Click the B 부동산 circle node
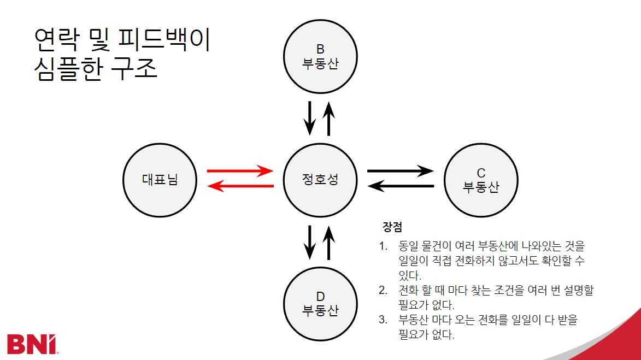[320, 56]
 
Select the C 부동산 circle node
[481, 180]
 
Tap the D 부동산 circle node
[320, 304]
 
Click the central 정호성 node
[320, 179]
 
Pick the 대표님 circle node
[160, 179]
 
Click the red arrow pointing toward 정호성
[240, 170]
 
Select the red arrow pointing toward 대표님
[240, 187]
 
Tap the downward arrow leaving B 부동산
[310, 117]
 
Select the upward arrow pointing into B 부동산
[328, 117]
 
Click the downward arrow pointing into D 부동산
[310, 241]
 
